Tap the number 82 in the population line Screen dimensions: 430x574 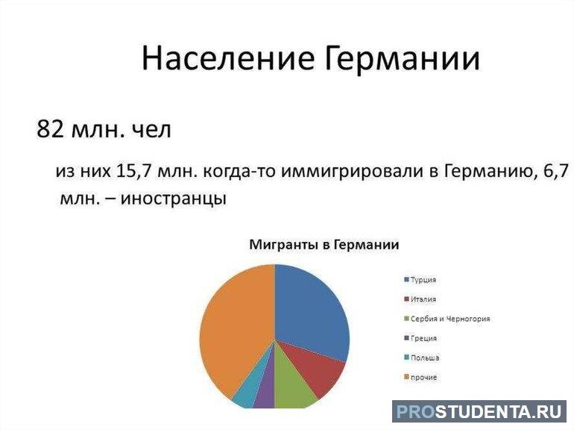point(50,129)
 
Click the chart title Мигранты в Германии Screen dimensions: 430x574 point(324,245)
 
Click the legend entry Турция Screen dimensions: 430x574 point(423,280)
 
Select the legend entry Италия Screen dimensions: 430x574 point(423,299)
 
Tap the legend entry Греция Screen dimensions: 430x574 point(423,338)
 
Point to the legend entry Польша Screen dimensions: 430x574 point(424,358)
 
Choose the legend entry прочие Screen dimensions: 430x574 point(423,377)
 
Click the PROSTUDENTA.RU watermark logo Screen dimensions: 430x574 point(479,411)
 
